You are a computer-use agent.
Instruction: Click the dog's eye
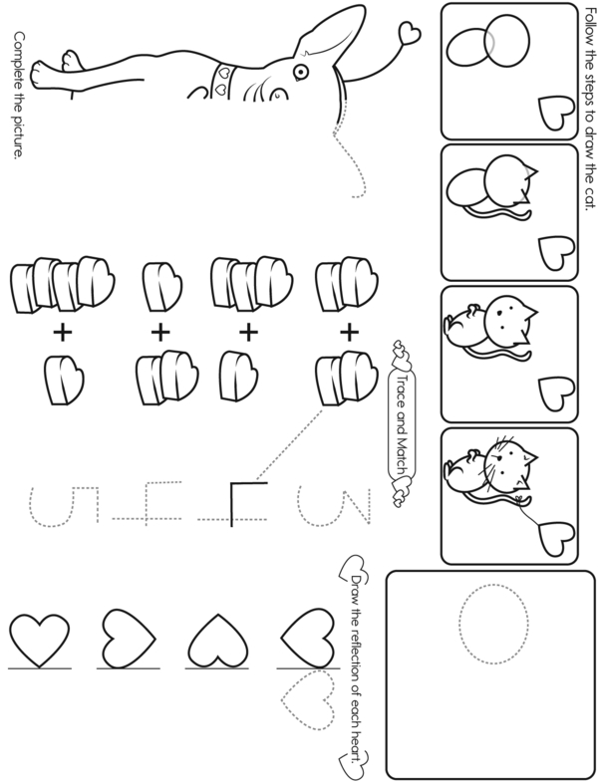pyautogui.click(x=299, y=72)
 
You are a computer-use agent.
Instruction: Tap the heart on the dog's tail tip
pyautogui.click(x=410, y=34)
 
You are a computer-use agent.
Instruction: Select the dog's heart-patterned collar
pyautogui.click(x=222, y=79)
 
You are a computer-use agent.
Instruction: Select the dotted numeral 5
pyautogui.click(x=64, y=506)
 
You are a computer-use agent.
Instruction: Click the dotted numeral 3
pyautogui.click(x=334, y=506)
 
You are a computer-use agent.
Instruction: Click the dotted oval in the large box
pyautogui.click(x=493, y=623)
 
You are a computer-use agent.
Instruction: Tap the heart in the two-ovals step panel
pyautogui.click(x=556, y=114)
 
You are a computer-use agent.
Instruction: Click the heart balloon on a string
pyautogui.click(x=556, y=539)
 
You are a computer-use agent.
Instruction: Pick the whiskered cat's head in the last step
pyautogui.click(x=509, y=464)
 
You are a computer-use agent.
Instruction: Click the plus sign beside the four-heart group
pyautogui.click(x=63, y=333)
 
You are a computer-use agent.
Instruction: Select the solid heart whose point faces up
pyautogui.click(x=219, y=641)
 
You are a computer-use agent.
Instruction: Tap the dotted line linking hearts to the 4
pyautogui.click(x=289, y=444)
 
